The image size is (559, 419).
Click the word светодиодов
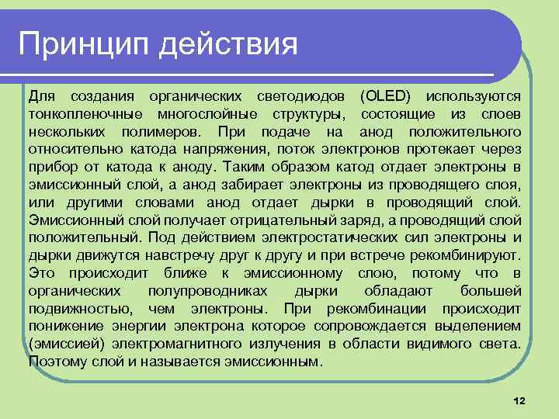point(305,96)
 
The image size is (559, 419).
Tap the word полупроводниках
point(207,291)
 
